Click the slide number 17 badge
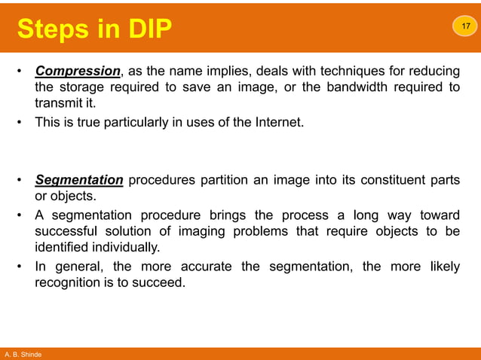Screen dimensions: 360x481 click(x=464, y=26)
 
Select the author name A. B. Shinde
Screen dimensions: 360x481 click(x=23, y=354)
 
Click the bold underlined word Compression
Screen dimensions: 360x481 click(x=78, y=72)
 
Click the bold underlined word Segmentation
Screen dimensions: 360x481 click(x=79, y=180)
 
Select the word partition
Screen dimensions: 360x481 click(x=225, y=180)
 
